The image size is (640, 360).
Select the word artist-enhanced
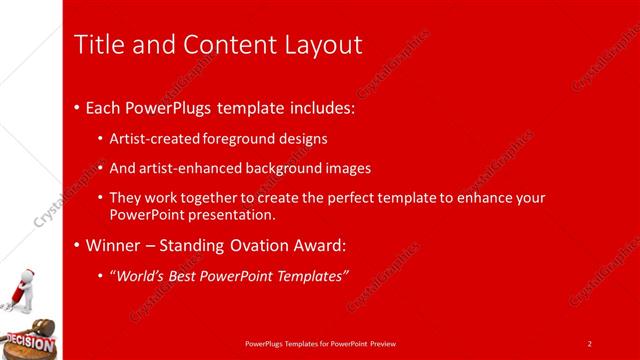(x=186, y=168)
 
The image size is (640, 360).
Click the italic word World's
(x=138, y=275)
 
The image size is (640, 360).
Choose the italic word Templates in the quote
(x=308, y=275)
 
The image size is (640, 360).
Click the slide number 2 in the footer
(x=590, y=344)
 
